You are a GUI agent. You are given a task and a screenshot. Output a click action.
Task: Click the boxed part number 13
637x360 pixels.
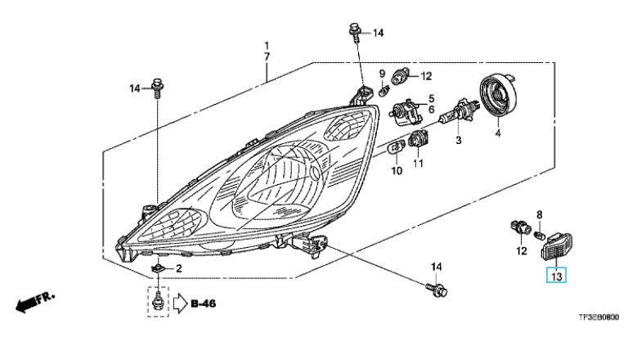pos(556,277)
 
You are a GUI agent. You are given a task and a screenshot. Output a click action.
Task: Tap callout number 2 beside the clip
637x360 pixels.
pos(179,268)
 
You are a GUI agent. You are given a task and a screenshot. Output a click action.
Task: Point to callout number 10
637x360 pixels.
pos(396,171)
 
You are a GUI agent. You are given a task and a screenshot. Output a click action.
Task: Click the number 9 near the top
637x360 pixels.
pos(381,74)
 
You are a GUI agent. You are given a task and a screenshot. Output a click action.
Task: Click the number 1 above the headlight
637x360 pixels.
pos(266,44)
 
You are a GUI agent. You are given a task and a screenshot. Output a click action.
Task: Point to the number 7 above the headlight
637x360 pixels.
pos(266,56)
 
